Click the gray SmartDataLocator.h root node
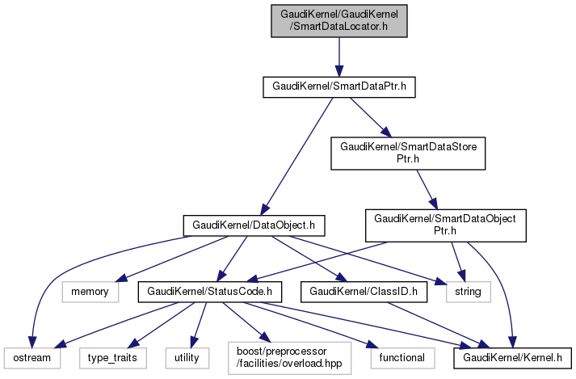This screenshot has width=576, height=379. pos(338,19)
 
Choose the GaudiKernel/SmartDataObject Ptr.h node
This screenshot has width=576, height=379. pos(446,224)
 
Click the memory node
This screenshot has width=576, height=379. pos(89,289)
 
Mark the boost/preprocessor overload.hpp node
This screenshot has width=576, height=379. pos(278,356)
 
